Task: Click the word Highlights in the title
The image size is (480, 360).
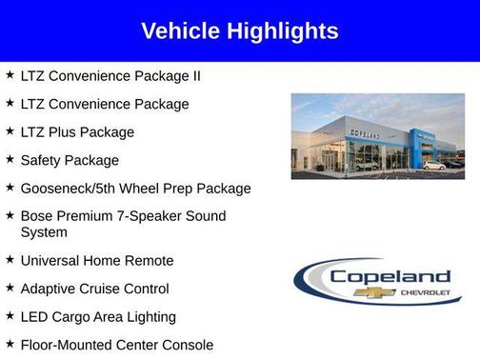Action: click(x=282, y=31)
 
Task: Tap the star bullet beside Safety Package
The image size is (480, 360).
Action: click(x=10, y=159)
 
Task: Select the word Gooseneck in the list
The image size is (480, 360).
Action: click(x=56, y=189)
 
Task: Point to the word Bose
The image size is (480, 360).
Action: click(x=36, y=216)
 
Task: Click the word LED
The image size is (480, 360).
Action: click(x=35, y=316)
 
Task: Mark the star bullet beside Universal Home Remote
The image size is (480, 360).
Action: click(x=10, y=259)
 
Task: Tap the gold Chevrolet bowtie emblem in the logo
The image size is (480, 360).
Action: click(x=367, y=292)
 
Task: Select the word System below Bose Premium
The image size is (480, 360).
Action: click(x=44, y=232)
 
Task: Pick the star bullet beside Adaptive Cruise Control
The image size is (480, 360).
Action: click(x=10, y=288)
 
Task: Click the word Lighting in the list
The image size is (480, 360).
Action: click(x=148, y=316)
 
